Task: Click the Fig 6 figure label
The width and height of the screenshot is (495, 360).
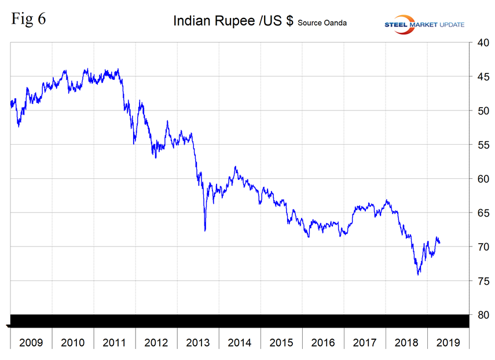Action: [28, 19]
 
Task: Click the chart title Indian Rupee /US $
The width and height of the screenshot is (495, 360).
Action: [233, 22]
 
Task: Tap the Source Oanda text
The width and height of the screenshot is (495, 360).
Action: [322, 23]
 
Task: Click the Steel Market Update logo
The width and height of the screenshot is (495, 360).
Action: [425, 23]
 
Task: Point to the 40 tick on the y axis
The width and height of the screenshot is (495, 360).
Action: [481, 43]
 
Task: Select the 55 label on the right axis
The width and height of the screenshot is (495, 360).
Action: [481, 145]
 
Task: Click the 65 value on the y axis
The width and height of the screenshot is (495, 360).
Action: [481, 213]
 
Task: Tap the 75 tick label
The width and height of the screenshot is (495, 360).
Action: [481, 281]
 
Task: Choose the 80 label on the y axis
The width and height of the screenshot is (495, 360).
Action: [481, 315]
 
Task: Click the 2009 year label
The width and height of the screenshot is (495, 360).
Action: [31, 342]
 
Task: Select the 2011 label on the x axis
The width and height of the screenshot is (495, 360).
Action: [115, 342]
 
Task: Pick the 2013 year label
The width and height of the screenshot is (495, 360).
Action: [198, 342]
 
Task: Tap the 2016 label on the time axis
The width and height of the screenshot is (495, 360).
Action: [323, 342]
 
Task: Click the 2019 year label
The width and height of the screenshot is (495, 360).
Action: [448, 342]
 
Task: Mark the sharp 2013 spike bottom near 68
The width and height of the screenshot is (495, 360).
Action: [205, 230]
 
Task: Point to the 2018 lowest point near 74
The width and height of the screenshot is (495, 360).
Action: [418, 274]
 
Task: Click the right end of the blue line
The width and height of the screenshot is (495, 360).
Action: [439, 243]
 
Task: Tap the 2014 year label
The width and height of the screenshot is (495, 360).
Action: [240, 342]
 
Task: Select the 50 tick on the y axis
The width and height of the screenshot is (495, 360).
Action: [481, 111]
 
